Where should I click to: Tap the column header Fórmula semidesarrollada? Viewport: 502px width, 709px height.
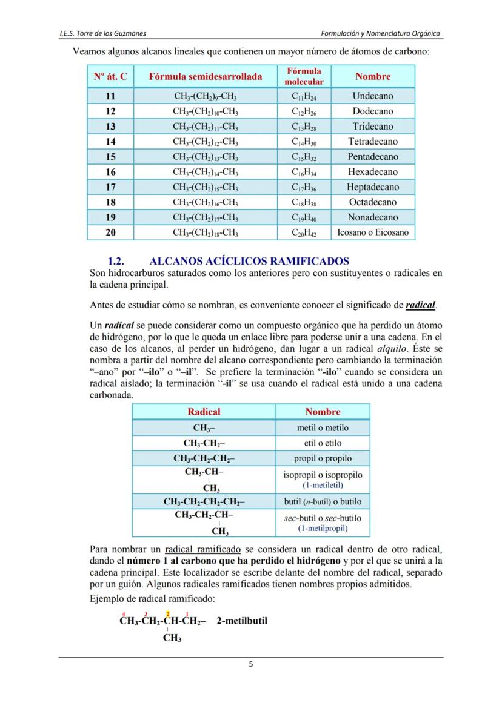coord(206,76)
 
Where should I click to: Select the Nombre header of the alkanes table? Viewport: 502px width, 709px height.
coord(372,76)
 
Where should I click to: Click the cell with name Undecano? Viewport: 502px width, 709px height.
coord(372,96)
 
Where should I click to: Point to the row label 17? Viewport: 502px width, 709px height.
coord(110,187)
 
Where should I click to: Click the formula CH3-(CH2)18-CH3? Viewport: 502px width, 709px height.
coord(206,232)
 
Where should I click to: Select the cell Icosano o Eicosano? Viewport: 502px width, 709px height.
coord(372,232)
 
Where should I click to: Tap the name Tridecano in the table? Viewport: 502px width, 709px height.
coord(372,127)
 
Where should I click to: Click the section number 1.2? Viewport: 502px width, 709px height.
coord(116,262)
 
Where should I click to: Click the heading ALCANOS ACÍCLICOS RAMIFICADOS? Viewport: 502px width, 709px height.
coord(249,262)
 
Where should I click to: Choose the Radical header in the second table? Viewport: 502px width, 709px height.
coord(204,412)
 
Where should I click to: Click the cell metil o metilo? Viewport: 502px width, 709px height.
coord(323,428)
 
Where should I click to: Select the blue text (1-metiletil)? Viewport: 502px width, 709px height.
coord(323,485)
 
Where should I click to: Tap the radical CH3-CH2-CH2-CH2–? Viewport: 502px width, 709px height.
coord(204,502)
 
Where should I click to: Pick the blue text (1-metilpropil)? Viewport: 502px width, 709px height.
coord(323,528)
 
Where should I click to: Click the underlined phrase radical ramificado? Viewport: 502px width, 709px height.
coord(202,550)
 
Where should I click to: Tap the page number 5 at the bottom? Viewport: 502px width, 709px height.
coord(251,664)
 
